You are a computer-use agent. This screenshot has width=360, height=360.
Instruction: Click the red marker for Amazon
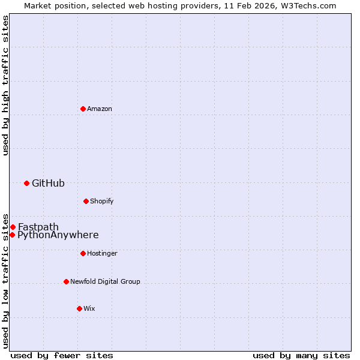pos(83,109)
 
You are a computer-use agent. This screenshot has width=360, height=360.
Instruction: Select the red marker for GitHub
pos(26,183)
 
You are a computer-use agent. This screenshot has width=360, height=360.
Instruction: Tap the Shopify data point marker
pos(86,201)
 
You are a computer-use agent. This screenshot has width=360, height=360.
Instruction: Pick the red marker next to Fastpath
pos(13,227)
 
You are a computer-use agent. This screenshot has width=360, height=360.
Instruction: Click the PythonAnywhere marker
pos(12,235)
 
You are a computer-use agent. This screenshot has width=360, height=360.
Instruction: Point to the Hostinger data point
pos(83,253)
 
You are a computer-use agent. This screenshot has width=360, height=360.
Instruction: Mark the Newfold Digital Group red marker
pos(66,281)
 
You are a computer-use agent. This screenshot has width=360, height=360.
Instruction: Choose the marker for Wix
pos(79,308)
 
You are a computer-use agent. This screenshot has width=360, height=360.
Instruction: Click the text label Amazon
pos(100,109)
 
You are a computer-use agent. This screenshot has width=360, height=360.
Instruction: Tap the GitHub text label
pos(48,183)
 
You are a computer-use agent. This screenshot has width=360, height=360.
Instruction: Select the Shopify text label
pos(101,201)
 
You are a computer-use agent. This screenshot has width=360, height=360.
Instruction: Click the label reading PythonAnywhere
pos(58,235)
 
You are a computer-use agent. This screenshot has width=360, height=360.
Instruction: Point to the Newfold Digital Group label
pos(105,281)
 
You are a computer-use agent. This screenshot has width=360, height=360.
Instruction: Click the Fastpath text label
pos(38,227)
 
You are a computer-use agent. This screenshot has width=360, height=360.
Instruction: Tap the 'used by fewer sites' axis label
pos(62,355)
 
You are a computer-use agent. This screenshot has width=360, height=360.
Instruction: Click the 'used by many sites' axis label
pos(301,355)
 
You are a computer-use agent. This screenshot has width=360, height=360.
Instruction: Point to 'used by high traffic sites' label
pos(5,86)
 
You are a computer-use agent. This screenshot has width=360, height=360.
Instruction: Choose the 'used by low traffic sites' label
pos(5,280)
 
